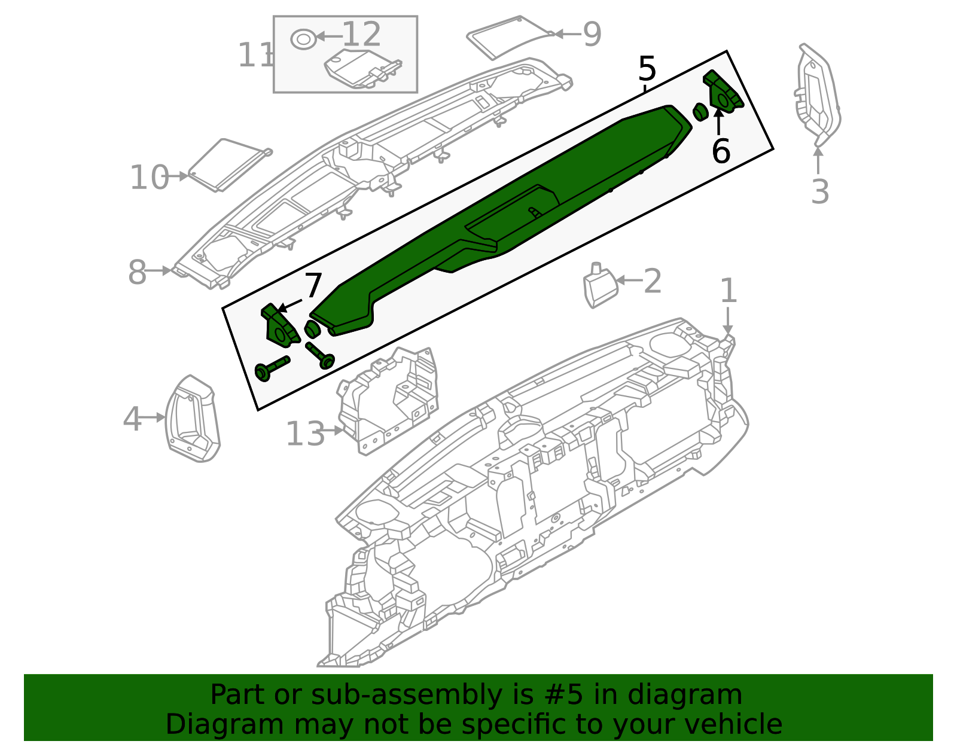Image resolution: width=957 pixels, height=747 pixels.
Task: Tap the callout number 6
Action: (721, 151)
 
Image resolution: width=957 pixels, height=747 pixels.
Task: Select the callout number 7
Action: (313, 286)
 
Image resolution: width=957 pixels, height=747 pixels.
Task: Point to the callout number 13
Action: (305, 434)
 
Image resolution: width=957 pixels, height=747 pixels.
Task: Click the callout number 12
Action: (361, 35)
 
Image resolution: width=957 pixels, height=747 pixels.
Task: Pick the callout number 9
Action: (592, 35)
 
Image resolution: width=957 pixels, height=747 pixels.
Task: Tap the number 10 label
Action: (150, 178)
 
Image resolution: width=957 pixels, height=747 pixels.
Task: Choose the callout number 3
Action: (820, 192)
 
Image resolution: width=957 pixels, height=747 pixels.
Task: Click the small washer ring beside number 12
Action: (303, 39)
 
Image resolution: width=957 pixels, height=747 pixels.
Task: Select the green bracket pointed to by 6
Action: (724, 93)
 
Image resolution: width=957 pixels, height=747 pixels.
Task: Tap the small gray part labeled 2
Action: (600, 287)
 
